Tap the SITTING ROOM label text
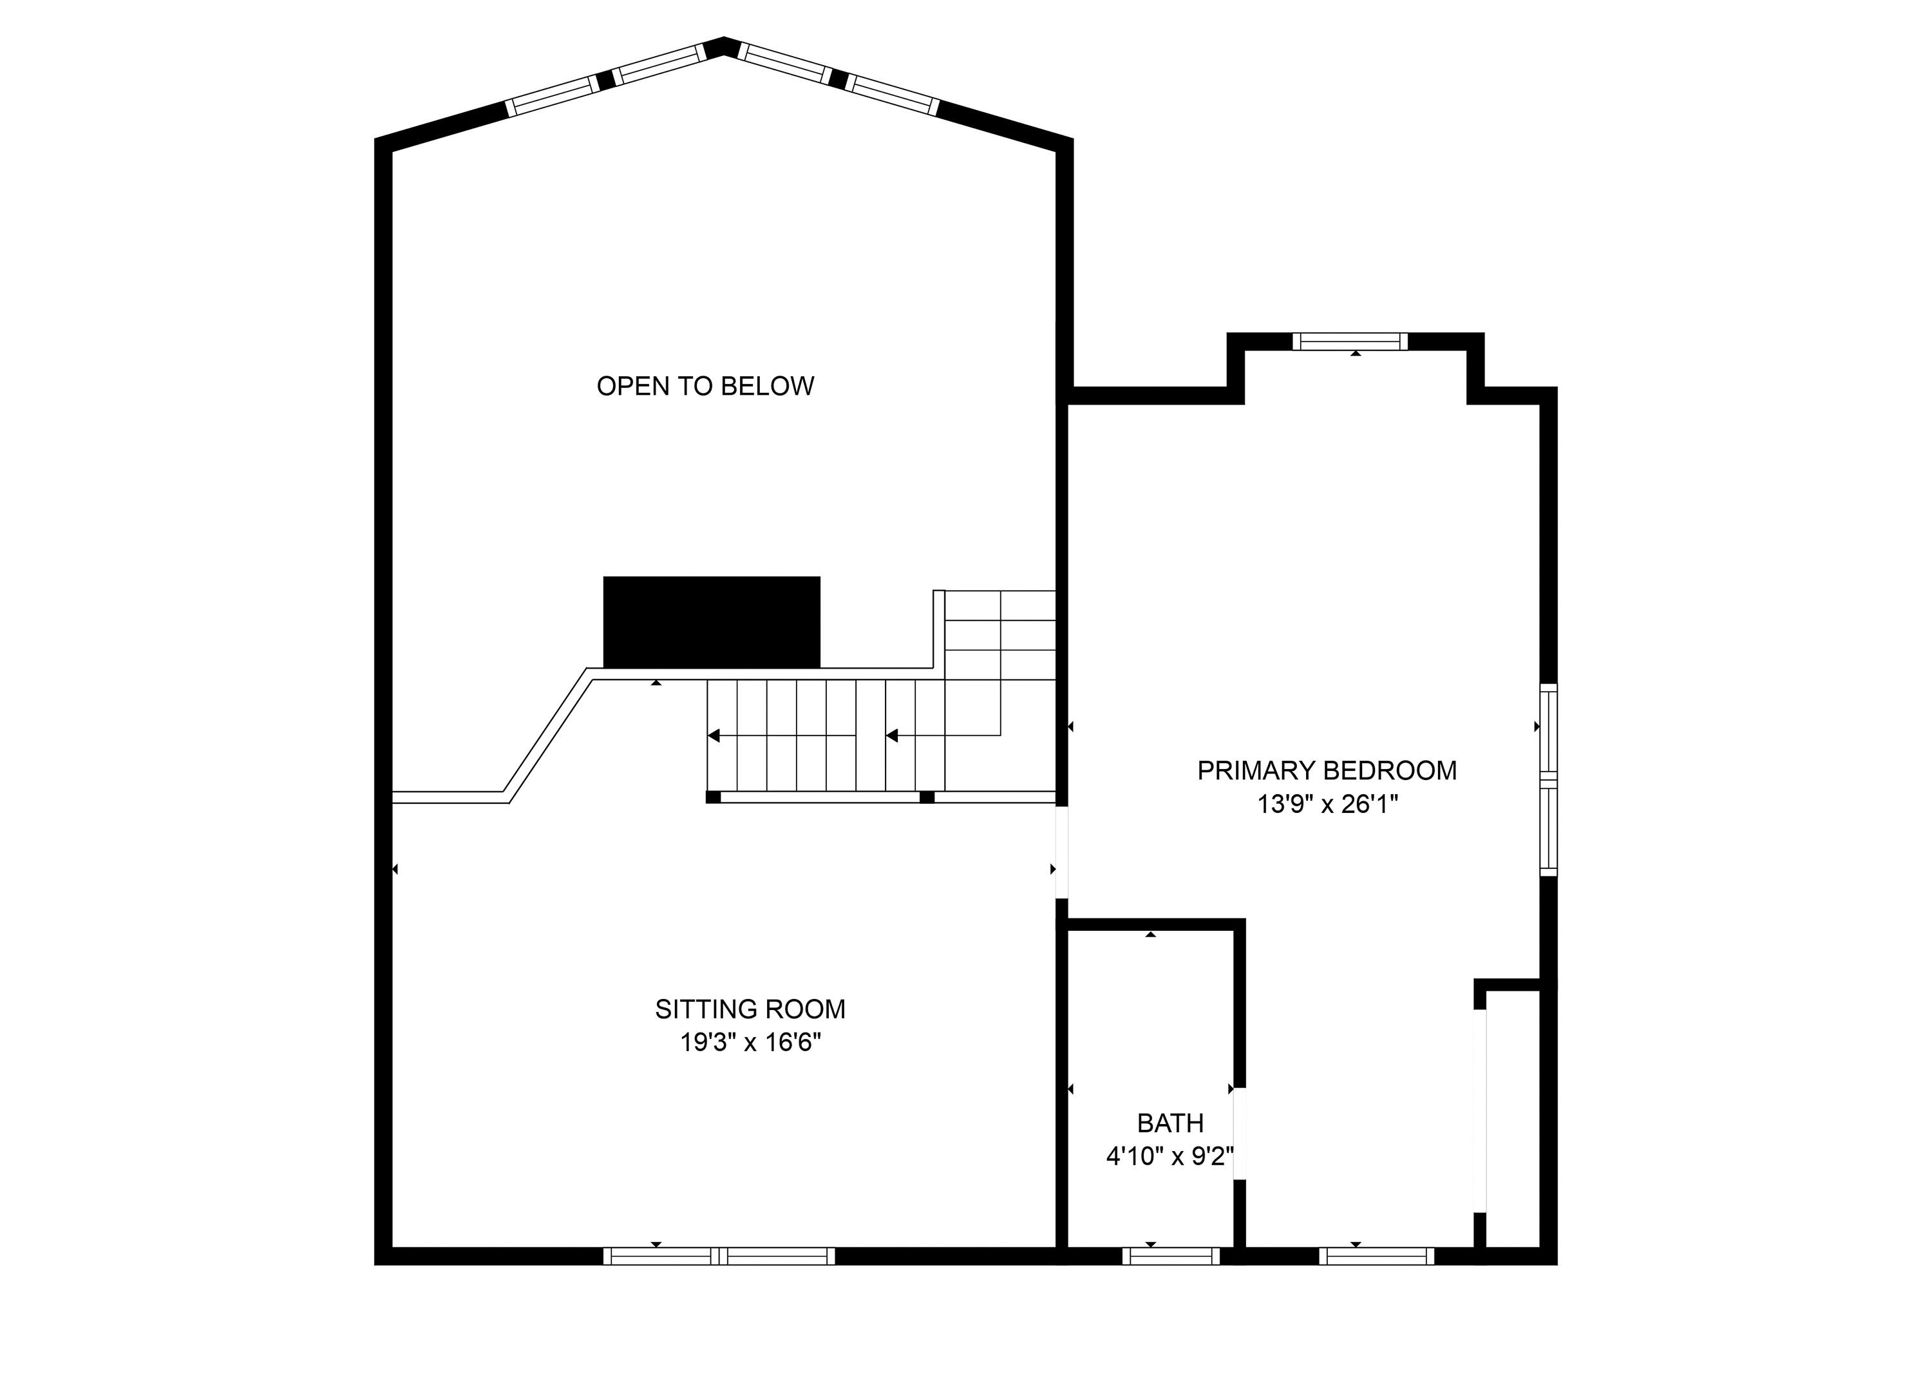(x=750, y=1009)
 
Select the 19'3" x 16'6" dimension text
(x=750, y=1043)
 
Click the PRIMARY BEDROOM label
(x=1326, y=770)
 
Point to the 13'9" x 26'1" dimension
(x=1327, y=805)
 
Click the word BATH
(x=1170, y=1123)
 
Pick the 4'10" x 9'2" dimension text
(x=1170, y=1156)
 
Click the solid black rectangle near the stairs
(x=712, y=622)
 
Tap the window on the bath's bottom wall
(x=1170, y=1256)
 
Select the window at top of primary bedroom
(x=1350, y=342)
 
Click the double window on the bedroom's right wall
(x=1549, y=780)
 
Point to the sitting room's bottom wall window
(x=719, y=1256)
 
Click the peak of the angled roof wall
(x=723, y=44)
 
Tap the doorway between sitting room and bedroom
(x=1061, y=852)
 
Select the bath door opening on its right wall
(x=1239, y=1134)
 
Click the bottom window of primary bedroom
(x=1376, y=1256)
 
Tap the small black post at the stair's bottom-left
(x=713, y=797)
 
